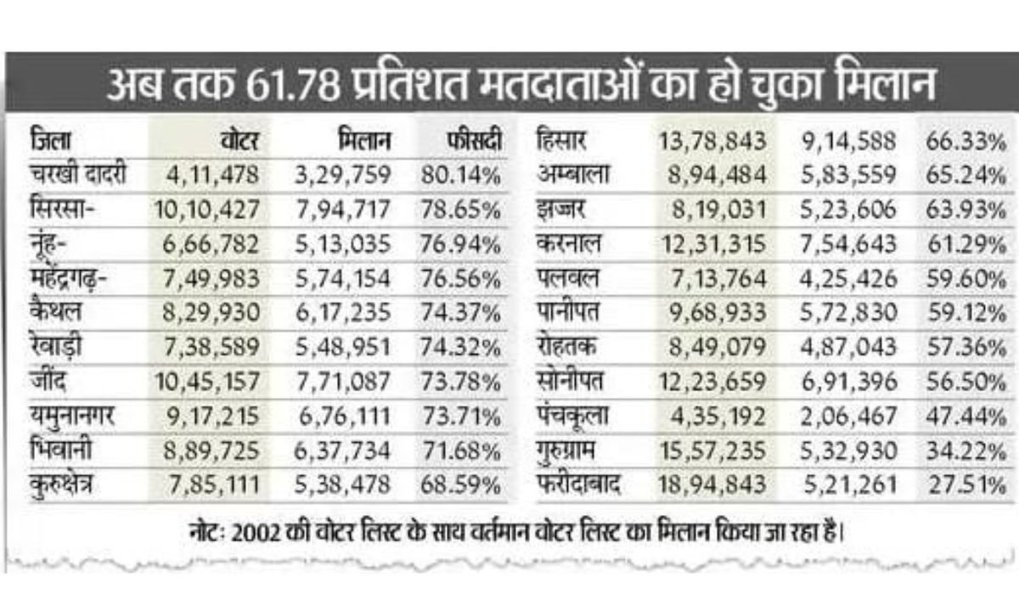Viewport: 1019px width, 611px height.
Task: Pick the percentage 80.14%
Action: point(459,176)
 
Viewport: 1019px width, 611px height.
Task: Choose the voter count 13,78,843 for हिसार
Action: point(712,141)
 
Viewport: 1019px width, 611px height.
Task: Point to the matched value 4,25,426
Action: point(848,278)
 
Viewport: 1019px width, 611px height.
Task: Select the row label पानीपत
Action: point(568,312)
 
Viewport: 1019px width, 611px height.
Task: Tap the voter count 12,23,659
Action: point(712,382)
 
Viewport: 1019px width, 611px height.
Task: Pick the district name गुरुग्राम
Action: point(571,451)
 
